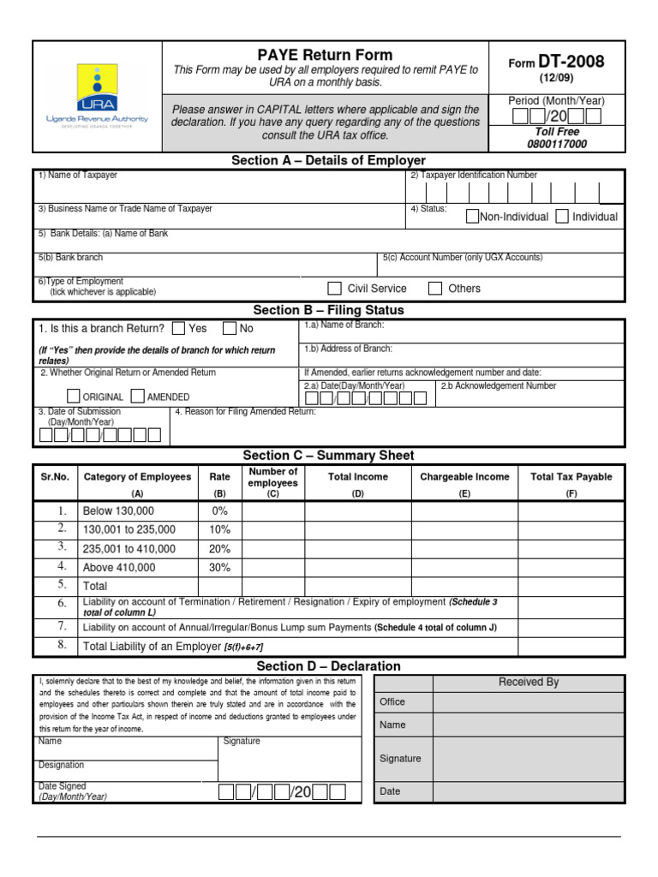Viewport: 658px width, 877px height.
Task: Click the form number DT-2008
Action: (571, 62)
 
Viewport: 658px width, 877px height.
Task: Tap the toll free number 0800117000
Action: (557, 144)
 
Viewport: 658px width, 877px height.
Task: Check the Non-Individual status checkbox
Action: (472, 216)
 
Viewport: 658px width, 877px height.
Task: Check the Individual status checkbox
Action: (562, 216)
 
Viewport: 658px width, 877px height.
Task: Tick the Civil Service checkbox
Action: (336, 288)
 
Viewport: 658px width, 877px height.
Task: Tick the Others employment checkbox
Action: (435, 288)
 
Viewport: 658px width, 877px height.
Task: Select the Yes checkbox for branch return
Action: (178, 328)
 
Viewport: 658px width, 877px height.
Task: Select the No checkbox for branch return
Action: (230, 328)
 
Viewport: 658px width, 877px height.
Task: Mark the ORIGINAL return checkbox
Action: (74, 396)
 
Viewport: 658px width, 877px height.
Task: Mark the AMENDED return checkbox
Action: (137, 396)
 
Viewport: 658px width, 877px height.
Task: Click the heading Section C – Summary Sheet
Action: (328, 456)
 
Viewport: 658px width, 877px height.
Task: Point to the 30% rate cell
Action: (219, 567)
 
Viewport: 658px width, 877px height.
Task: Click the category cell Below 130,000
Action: (118, 510)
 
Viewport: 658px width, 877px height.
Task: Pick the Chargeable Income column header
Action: (464, 477)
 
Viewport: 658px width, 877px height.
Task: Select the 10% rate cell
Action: (219, 529)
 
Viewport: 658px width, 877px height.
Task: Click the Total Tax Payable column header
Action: (571, 477)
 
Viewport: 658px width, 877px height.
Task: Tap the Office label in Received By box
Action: (392, 701)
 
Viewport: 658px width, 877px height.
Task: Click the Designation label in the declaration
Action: (62, 765)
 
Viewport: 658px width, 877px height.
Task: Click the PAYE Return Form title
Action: (326, 55)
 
